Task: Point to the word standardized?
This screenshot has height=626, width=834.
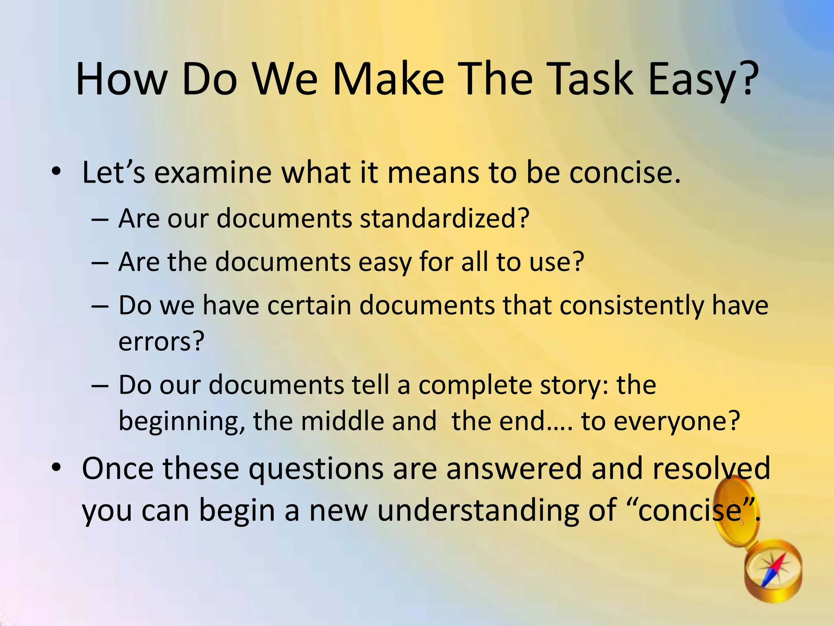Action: (444, 218)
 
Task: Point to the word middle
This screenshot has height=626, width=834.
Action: (342, 421)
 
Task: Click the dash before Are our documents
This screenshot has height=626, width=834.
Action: (100, 220)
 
